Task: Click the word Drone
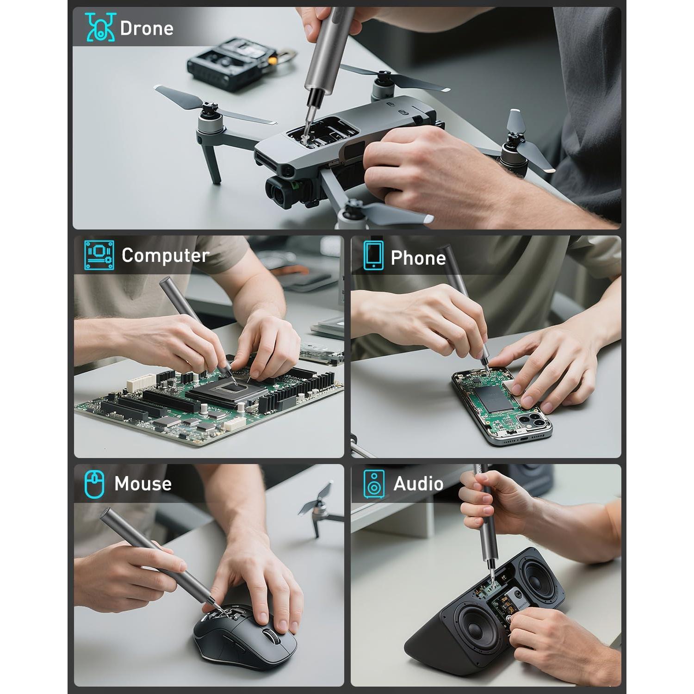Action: point(147,28)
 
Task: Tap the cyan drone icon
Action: point(100,27)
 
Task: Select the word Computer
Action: point(165,256)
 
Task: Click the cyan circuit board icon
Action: point(99,255)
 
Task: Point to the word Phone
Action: point(418,258)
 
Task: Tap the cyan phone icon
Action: point(373,255)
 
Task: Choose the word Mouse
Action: point(143,484)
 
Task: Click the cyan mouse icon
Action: point(94,484)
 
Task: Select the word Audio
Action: point(418,484)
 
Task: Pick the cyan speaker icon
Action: point(373,484)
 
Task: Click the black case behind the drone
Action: point(229,63)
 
